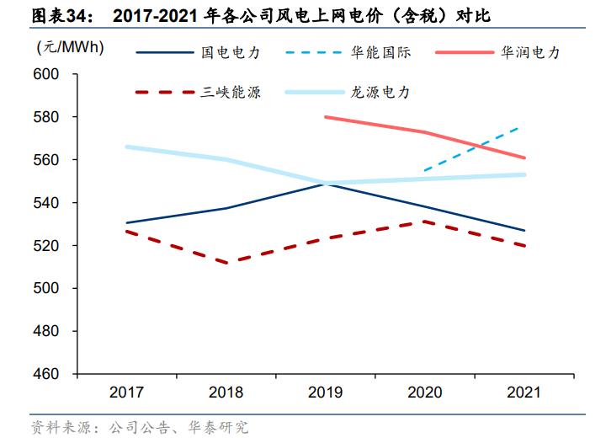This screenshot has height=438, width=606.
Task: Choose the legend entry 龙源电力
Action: pos(380,92)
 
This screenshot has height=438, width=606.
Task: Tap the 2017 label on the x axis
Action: pos(126,393)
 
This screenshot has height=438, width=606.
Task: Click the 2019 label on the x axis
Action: pos(325,393)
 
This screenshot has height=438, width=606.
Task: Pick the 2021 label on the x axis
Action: pos(524,393)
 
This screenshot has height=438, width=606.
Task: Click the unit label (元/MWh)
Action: pos(70,47)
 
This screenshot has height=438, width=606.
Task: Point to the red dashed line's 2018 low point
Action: pos(226,263)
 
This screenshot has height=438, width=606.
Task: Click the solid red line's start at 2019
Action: pos(325,117)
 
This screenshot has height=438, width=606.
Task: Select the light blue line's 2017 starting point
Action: pos(126,147)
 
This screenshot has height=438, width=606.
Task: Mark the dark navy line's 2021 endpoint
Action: pos(524,231)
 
